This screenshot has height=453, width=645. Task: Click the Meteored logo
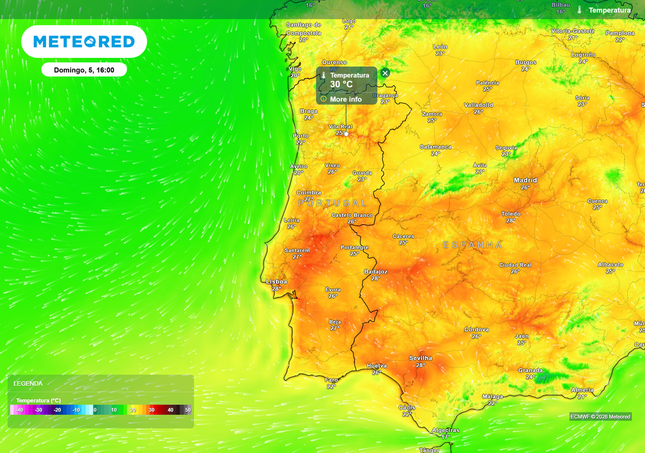pos(84,42)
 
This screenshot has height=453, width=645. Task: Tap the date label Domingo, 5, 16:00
pos(84,70)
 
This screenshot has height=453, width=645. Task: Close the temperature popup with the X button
pos(385,73)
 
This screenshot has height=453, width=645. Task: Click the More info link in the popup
pos(346,99)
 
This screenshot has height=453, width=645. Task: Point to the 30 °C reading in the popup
pos(341,84)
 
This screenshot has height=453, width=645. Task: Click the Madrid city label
pos(525,181)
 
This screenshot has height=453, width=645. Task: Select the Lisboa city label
pos(277,282)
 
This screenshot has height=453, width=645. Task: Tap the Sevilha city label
pos(420,358)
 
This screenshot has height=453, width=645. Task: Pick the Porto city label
pos(301,136)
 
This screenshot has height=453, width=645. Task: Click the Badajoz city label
pos(376,272)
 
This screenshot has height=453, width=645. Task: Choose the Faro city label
pos(331,380)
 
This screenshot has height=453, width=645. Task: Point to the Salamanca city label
pos(436,147)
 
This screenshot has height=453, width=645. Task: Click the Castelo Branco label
pos(352,215)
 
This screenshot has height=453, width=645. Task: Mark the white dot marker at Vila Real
pos(346,134)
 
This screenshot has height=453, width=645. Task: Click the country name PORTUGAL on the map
pos(332,203)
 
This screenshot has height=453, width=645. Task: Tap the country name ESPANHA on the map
pos(472,245)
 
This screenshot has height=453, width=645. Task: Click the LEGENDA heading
pos(28,383)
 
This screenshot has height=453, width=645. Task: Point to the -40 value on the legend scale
pos(20,410)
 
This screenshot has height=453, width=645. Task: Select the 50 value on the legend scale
pos(188,410)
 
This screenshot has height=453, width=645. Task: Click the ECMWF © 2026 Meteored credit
pos(600,417)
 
